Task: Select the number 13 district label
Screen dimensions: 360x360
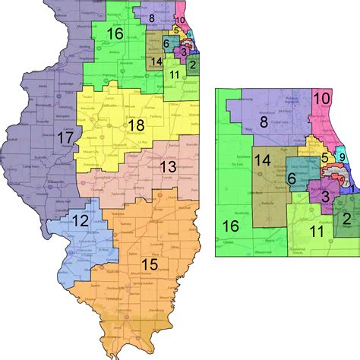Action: click(x=168, y=166)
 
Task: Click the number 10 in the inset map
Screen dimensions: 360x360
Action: click(x=322, y=99)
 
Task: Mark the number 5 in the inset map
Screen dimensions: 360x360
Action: click(x=324, y=158)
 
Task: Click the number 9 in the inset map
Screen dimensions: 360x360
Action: click(x=343, y=158)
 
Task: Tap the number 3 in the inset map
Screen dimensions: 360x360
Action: click(x=323, y=198)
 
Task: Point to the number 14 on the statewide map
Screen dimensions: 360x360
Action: click(x=155, y=62)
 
